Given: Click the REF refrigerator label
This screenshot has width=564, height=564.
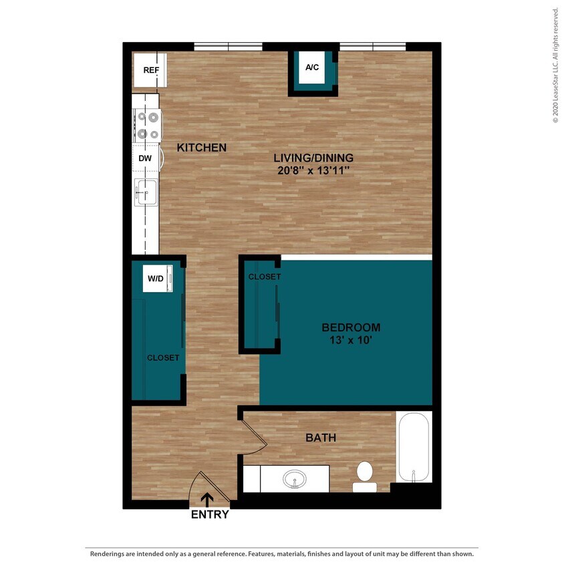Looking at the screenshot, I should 150,69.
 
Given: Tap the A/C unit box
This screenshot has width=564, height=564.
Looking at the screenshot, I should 311,67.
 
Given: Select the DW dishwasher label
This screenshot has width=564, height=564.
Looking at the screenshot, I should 145,158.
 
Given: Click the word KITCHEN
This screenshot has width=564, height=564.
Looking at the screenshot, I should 202,148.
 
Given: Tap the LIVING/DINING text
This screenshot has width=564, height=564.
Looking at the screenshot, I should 313,158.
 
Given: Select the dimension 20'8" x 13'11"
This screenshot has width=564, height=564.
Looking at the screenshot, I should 313,170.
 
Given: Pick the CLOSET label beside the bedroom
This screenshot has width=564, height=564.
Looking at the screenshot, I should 265,277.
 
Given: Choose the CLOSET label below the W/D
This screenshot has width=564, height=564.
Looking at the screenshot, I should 163,358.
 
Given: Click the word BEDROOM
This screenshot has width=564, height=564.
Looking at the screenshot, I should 351,327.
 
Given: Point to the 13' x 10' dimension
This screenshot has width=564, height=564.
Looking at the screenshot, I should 351,340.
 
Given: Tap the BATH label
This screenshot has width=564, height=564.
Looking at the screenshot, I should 321,438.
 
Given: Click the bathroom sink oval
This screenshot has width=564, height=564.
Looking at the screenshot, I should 295,479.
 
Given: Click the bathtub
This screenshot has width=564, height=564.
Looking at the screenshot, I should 414,446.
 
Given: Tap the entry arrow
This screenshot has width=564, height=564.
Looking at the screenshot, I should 207,499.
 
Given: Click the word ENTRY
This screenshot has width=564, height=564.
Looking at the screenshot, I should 210,515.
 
